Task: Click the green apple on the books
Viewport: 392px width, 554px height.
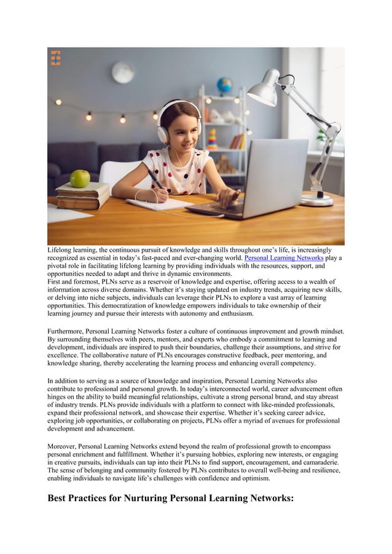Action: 79,178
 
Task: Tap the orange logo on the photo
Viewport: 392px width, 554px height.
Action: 55,58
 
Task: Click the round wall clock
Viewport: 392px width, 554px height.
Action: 123,72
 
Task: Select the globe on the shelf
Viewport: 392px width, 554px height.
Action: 225,85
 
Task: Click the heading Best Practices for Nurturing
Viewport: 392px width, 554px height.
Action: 171,497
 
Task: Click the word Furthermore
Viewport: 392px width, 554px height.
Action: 66,331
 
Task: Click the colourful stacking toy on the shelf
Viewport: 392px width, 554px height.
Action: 213,139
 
